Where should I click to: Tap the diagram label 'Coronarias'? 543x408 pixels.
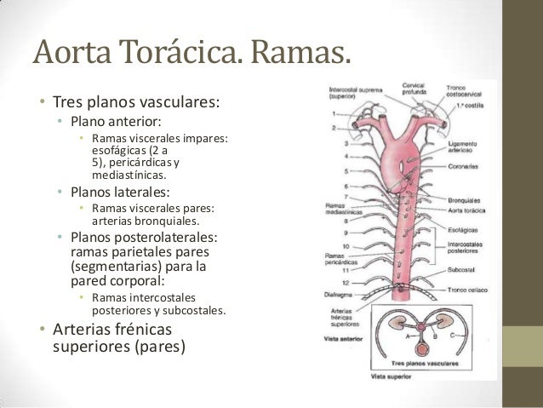463,167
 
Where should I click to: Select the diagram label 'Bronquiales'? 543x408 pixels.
465,200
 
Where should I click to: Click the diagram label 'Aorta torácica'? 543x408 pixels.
468,210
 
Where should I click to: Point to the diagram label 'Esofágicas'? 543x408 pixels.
464,230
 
